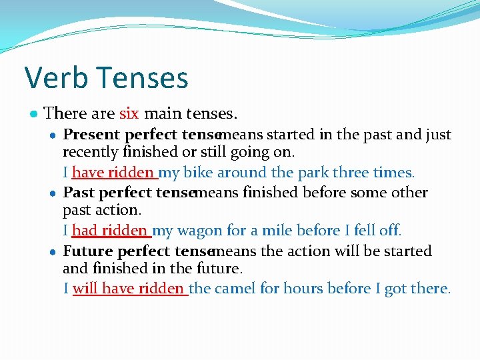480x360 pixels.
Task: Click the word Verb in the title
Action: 55,77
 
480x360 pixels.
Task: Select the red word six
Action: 129,113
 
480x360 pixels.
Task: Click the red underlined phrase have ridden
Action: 113,173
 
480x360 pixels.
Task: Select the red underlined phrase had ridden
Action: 110,231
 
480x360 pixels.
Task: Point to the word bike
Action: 197,173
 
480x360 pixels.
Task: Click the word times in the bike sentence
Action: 393,173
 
